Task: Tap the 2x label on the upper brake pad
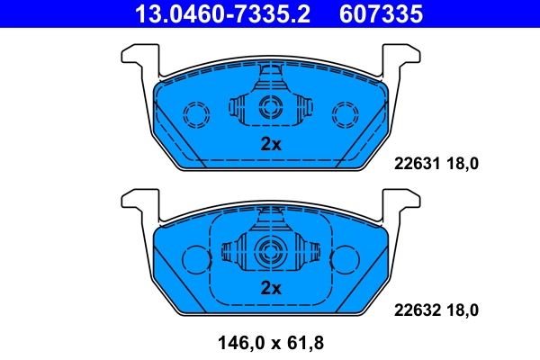pyautogui.click(x=271, y=144)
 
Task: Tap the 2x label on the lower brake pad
pyautogui.click(x=271, y=288)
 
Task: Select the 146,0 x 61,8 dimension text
pyautogui.click(x=270, y=342)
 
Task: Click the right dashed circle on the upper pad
pyautogui.click(x=345, y=114)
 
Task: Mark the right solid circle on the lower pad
pyautogui.click(x=345, y=259)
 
